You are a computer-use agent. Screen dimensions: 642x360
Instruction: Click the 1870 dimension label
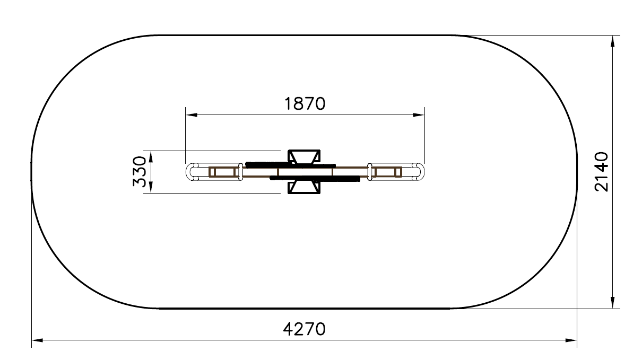click(305, 104)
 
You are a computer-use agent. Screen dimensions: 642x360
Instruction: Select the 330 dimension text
click(140, 171)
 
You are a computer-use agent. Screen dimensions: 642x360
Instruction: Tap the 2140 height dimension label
click(601, 172)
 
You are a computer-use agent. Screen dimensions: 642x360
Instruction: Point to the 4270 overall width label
click(305, 329)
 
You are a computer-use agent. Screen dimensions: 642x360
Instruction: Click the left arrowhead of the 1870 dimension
click(192, 115)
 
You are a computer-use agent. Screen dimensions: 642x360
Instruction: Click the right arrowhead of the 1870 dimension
click(419, 115)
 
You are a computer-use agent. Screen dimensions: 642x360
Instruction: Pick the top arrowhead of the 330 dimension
click(151, 156)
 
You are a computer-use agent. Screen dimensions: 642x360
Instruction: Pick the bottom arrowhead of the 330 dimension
click(151, 187)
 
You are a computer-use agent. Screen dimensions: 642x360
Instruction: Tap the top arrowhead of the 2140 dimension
click(612, 41)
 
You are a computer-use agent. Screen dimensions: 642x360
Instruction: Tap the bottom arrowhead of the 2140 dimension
click(612, 302)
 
